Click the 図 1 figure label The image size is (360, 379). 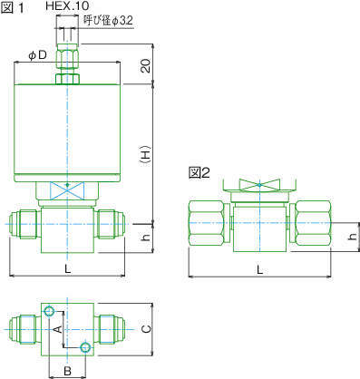[x=12, y=8]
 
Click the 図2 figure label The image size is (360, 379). [x=199, y=173]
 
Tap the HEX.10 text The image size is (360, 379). [x=67, y=5]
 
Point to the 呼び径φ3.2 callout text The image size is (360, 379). [x=108, y=21]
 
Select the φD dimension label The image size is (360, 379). [x=37, y=55]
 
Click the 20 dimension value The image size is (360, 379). [x=146, y=65]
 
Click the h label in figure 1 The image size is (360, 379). [x=146, y=238]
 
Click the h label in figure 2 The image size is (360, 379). [x=352, y=237]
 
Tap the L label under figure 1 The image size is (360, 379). [x=68, y=268]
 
